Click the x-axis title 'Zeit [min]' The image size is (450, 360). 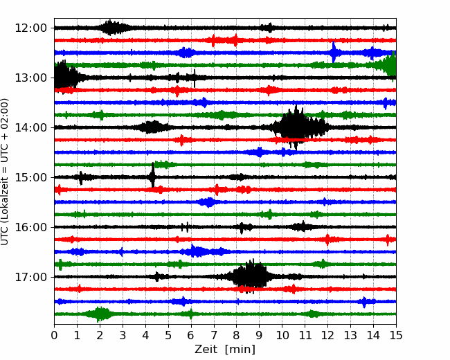click(x=225, y=350)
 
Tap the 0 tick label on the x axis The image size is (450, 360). click(x=55, y=336)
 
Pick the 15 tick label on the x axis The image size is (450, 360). click(x=396, y=336)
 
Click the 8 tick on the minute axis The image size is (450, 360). click(x=237, y=336)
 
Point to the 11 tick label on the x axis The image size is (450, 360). click(x=305, y=336)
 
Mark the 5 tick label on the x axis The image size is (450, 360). click(x=168, y=336)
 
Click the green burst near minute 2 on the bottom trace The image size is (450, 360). click(x=100, y=314)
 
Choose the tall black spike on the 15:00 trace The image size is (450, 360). click(x=152, y=177)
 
